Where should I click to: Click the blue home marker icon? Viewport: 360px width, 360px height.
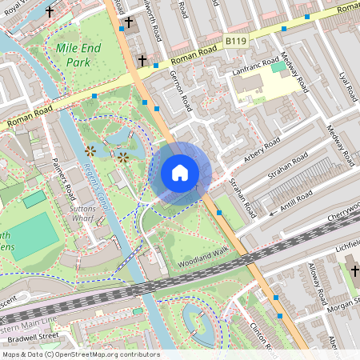[x=180, y=172]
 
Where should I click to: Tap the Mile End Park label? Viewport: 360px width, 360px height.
[x=79, y=54]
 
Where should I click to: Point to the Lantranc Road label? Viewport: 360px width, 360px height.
[x=257, y=67]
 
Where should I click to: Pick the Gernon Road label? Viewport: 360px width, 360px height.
[x=182, y=90]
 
